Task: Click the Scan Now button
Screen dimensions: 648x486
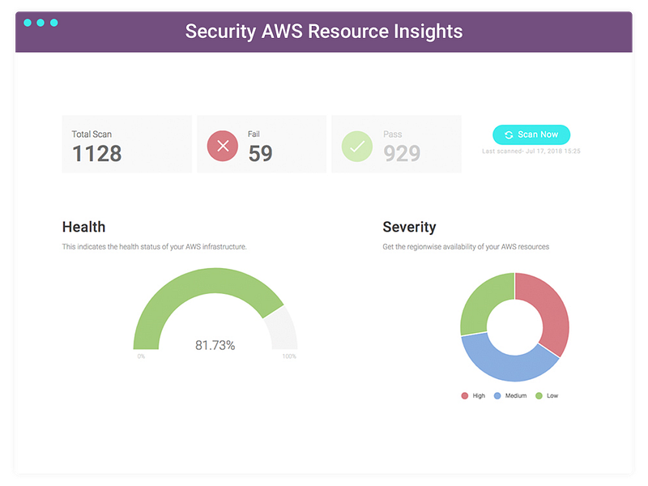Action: pyautogui.click(x=531, y=134)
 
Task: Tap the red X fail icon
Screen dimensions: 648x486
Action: pyautogui.click(x=223, y=146)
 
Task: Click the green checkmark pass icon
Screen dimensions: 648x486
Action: pyautogui.click(x=357, y=146)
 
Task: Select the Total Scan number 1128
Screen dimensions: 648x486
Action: pyautogui.click(x=97, y=153)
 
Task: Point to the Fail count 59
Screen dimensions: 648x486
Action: pyautogui.click(x=260, y=153)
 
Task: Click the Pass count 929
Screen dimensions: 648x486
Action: pyautogui.click(x=402, y=153)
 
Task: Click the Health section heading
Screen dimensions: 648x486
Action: pyautogui.click(x=84, y=227)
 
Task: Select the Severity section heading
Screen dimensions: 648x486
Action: pyautogui.click(x=409, y=227)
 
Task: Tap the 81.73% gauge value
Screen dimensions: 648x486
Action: pyautogui.click(x=215, y=345)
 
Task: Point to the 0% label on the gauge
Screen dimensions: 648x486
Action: pyautogui.click(x=141, y=356)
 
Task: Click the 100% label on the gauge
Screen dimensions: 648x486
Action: pyautogui.click(x=289, y=356)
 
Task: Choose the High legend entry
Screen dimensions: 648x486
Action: pyautogui.click(x=473, y=395)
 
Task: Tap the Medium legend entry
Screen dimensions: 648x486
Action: pyautogui.click(x=510, y=395)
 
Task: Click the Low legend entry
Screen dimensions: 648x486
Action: pyautogui.click(x=547, y=395)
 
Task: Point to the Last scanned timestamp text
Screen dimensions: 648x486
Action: pyautogui.click(x=531, y=151)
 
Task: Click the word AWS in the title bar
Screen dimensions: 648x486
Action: pyautogui.click(x=282, y=32)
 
